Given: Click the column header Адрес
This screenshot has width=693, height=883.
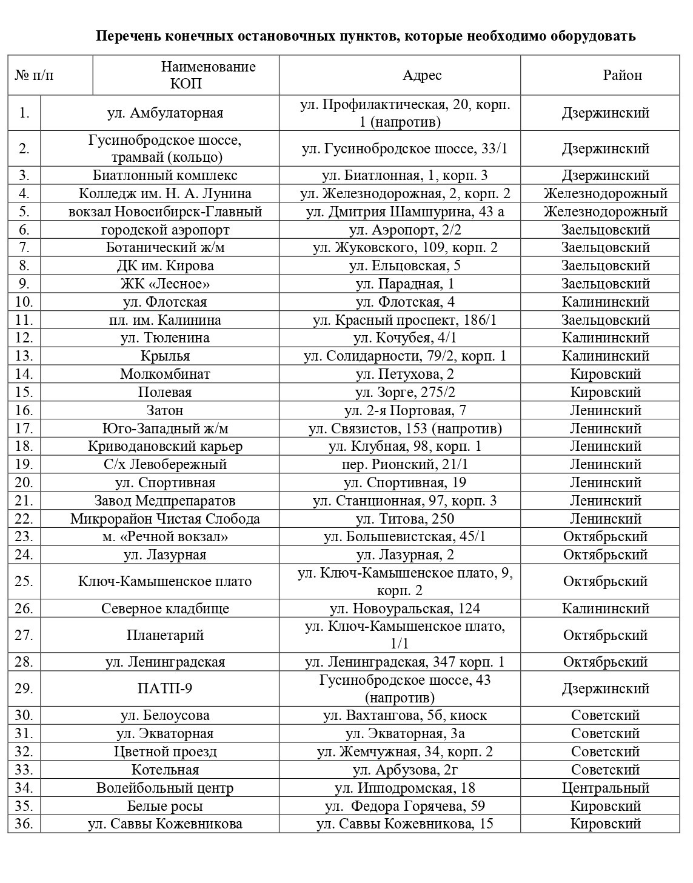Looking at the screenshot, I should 422,75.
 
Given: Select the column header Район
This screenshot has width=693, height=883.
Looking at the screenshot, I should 622,75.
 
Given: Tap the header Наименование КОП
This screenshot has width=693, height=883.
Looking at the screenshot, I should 208,75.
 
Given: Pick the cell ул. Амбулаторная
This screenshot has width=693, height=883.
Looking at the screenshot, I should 165,113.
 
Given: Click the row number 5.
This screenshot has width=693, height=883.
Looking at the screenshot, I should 24,212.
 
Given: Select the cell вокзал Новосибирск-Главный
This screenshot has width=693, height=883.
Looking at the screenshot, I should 165,212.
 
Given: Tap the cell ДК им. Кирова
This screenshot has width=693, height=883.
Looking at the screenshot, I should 165,265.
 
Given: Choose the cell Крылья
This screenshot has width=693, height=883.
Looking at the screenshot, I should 165,356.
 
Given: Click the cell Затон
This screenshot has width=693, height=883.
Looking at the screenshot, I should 165,410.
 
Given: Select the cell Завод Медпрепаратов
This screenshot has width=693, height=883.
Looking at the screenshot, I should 165,501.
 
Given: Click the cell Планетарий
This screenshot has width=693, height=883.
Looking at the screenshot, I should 165,635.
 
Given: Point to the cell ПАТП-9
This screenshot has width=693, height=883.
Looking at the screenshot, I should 165,688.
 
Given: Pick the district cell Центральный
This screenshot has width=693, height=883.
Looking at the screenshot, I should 605,788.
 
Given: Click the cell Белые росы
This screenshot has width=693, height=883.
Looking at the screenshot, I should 165,806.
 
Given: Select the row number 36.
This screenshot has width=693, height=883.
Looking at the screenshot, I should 24,824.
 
